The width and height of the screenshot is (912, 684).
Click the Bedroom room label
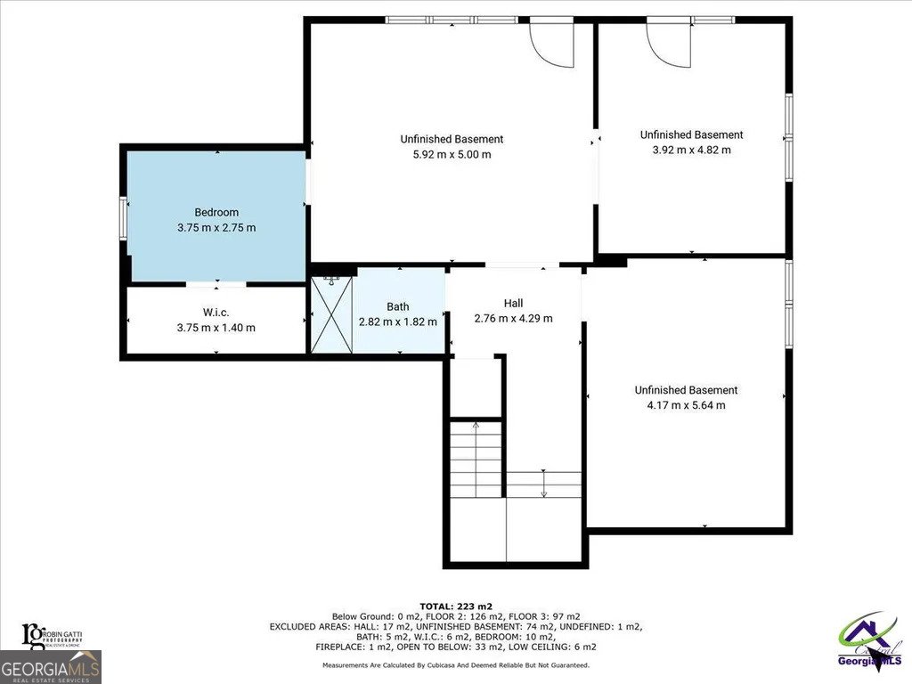tap(216, 212)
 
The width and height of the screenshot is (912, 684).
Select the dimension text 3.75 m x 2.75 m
tap(216, 227)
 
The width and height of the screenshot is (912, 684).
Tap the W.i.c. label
tap(216, 312)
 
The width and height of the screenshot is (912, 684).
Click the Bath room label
tap(398, 306)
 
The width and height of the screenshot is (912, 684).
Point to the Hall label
tap(513, 304)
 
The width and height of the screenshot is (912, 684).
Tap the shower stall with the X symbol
tap(330, 314)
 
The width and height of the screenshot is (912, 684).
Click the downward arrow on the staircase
tap(543, 485)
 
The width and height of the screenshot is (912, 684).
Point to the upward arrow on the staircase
tap(476, 436)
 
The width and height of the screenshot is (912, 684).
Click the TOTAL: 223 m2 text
tap(455, 606)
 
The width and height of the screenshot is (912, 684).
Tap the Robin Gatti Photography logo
tap(53, 634)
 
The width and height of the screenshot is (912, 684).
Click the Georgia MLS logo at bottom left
tap(51, 667)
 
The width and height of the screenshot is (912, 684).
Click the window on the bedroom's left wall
tap(124, 218)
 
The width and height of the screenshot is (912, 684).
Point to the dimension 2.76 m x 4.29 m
tap(513, 319)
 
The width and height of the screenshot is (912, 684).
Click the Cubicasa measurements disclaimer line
tap(455, 664)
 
